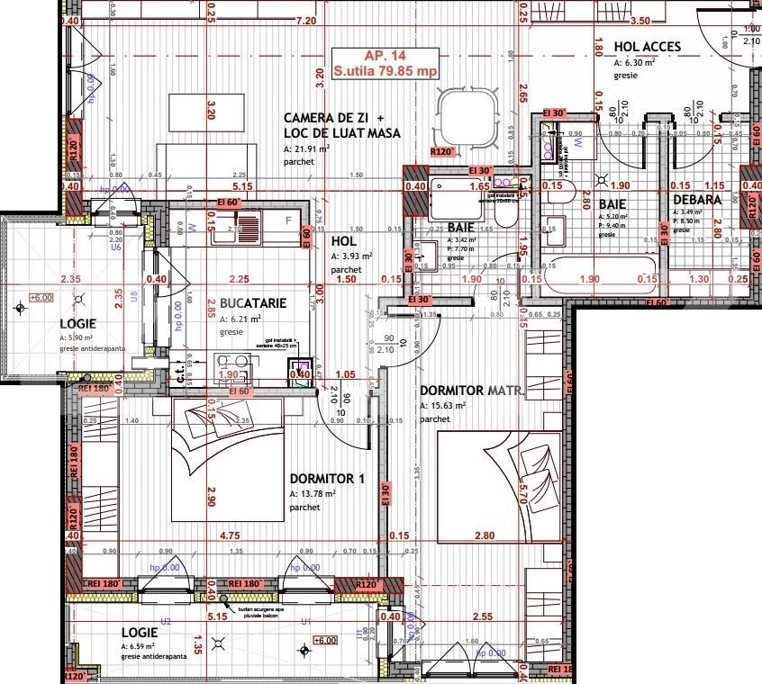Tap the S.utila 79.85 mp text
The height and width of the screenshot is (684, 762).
pos(384,70)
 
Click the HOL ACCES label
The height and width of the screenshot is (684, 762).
pos(647,47)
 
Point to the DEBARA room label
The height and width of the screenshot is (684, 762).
pos(696,200)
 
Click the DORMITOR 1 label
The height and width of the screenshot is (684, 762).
pos(327,479)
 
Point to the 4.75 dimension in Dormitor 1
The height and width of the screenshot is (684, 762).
pos(229,535)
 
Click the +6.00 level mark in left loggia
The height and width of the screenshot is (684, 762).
pos(41,297)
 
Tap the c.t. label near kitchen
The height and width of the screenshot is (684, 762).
pos(180,376)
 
